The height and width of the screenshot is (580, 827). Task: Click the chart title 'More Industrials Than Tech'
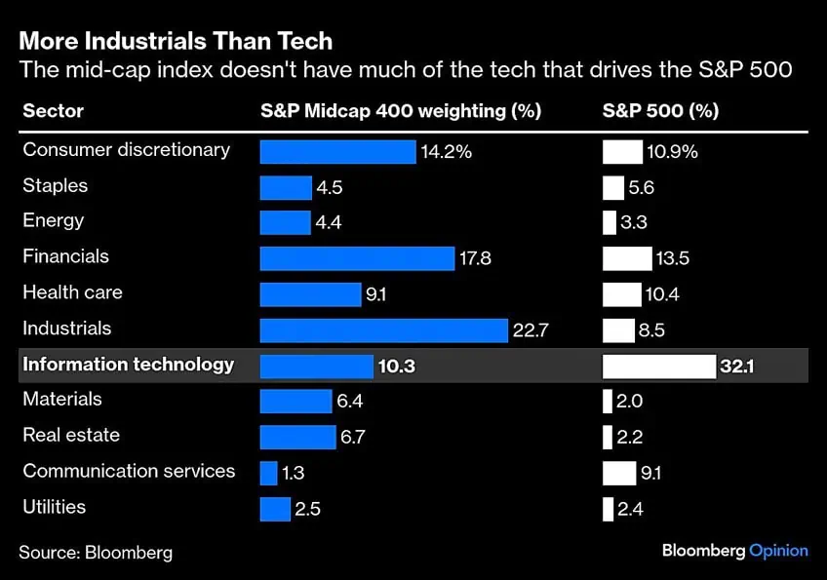tap(176, 41)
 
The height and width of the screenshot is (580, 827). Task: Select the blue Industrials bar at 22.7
tap(383, 330)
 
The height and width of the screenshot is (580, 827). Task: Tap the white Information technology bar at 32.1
tap(659, 367)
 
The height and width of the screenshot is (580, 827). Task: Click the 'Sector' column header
tap(53, 111)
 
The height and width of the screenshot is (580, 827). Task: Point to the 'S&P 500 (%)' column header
tap(660, 111)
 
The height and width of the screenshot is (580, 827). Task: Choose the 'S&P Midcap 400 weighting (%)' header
tap(400, 111)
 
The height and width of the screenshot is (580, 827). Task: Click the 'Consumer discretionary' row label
tap(126, 150)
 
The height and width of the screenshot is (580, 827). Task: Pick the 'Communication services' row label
tap(129, 472)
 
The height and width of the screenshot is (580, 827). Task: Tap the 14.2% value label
tap(446, 152)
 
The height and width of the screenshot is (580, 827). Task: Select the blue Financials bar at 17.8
tap(357, 258)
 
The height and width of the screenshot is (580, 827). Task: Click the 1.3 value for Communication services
tap(294, 474)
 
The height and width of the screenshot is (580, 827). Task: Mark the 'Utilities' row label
tap(55, 507)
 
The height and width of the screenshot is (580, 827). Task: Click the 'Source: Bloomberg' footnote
tap(96, 553)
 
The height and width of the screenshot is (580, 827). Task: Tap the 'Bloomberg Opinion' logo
tap(734, 551)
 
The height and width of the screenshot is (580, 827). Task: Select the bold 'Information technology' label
tap(128, 365)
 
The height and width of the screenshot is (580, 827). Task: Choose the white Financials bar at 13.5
tap(627, 258)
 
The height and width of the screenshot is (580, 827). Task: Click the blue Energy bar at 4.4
tap(285, 222)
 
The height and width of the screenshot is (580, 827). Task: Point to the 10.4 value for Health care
tap(662, 294)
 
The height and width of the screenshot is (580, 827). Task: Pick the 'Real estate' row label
tap(71, 436)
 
